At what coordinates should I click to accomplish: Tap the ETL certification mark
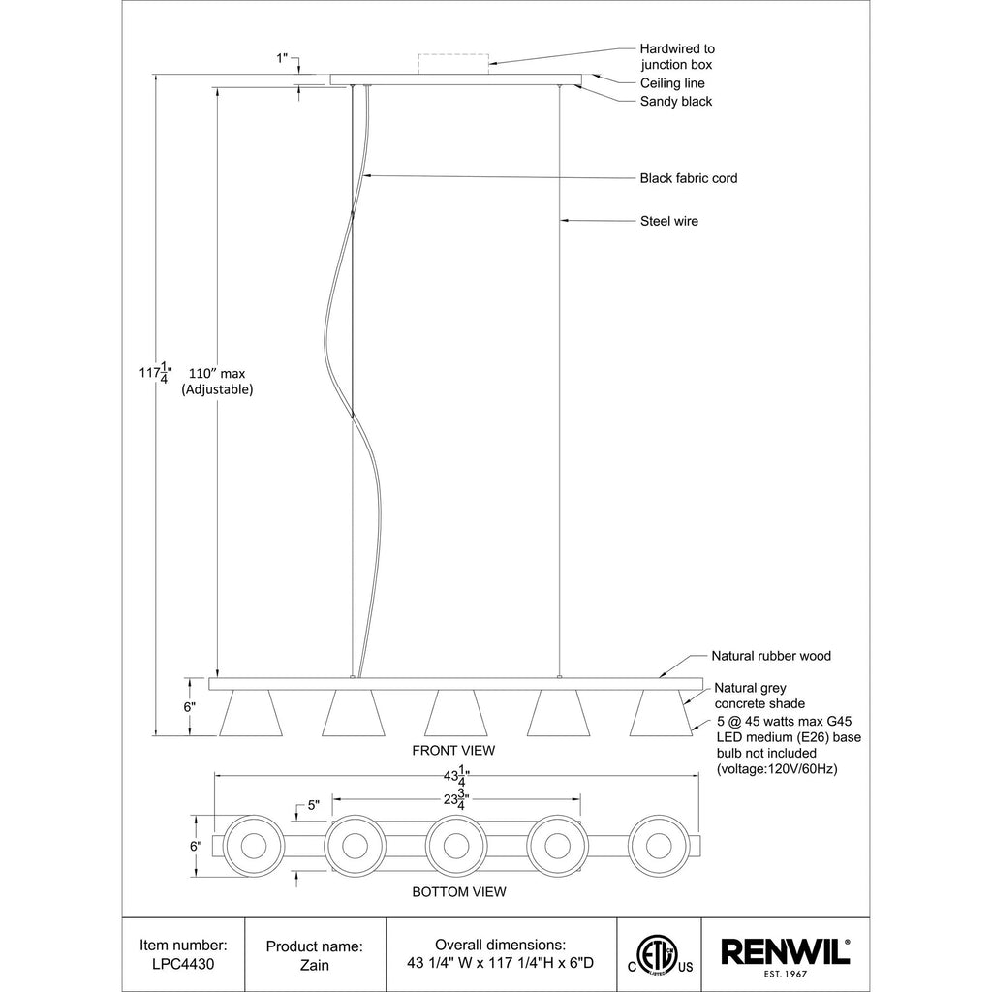(660, 954)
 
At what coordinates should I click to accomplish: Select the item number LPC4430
(183, 964)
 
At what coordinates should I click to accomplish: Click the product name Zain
(315, 965)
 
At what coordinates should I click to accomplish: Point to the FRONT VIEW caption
(453, 751)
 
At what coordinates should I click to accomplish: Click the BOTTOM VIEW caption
(459, 892)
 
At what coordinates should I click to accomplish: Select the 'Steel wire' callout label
(669, 221)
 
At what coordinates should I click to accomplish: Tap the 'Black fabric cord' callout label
(689, 178)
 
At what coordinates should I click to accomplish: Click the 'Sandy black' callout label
(676, 101)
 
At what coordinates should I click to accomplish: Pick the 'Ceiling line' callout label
(672, 83)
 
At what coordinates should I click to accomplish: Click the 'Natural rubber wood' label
(771, 656)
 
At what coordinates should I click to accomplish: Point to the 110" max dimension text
(217, 373)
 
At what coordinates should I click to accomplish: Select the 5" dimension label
(314, 805)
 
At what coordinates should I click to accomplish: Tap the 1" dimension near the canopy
(282, 58)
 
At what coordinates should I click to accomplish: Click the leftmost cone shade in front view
(251, 713)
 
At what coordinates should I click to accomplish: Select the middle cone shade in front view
(455, 713)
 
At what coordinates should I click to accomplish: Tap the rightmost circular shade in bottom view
(659, 846)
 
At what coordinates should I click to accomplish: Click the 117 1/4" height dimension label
(155, 373)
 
